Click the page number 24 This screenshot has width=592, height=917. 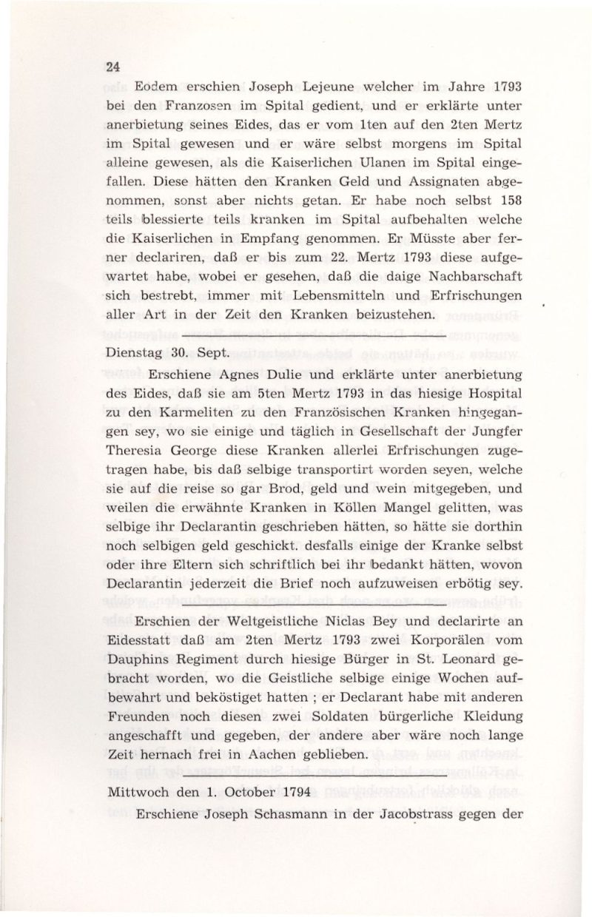[113, 65]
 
